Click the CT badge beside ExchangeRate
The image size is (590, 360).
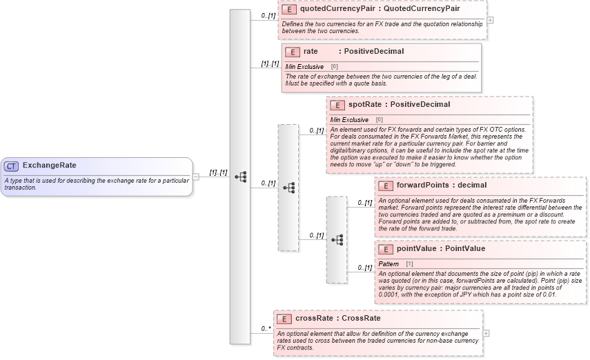12,166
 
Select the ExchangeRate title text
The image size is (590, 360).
49,166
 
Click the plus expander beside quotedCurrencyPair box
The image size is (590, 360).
490,20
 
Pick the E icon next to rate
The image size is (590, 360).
292,52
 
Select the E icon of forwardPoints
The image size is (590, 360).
385,186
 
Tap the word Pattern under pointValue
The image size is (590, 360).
389,264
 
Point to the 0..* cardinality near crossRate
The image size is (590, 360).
265,329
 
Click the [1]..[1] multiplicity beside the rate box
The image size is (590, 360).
270,63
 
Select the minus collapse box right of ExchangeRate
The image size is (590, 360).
196,176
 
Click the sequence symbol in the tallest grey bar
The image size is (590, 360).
240,177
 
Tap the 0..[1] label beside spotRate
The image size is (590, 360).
317,130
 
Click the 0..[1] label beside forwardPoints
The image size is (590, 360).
364,203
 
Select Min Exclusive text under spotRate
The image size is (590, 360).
349,120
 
